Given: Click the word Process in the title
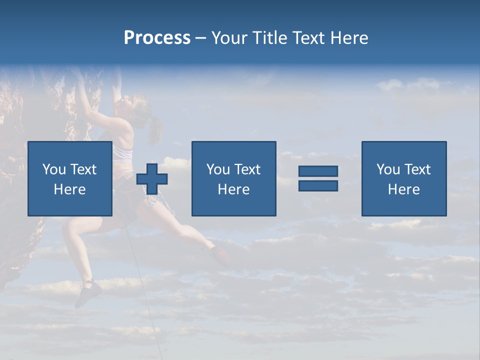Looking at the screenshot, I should pos(157,38).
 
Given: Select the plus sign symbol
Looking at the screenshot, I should pos(152,179).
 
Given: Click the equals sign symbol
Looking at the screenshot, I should pos(318,178).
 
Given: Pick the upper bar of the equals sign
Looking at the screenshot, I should pos(318,171).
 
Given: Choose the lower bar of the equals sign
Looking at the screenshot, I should pos(318,185).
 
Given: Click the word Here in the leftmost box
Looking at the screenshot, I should pos(69,189).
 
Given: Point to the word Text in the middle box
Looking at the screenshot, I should pos(247,169).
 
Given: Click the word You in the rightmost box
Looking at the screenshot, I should pos(388,169).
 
